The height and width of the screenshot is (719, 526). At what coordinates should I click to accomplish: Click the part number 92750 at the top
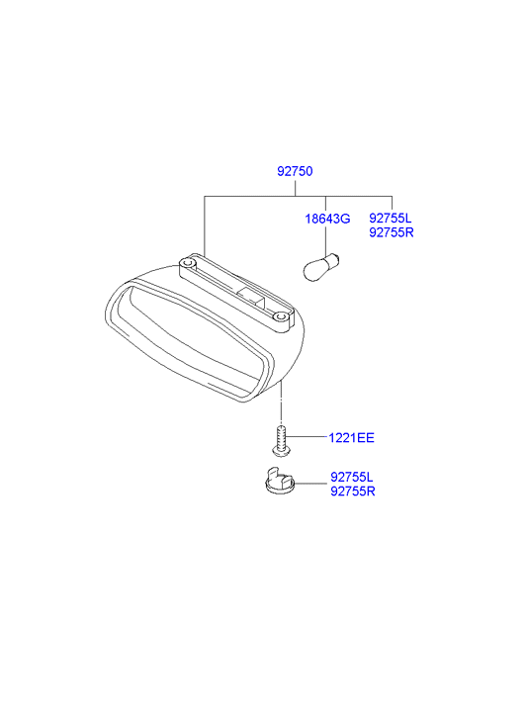(x=295, y=171)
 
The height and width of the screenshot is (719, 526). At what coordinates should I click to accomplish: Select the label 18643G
(x=327, y=219)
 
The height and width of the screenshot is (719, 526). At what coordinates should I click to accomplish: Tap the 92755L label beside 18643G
(x=391, y=218)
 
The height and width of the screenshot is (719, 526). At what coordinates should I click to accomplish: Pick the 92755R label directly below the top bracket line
(x=392, y=232)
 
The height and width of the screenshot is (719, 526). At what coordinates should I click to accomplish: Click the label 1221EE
(x=351, y=438)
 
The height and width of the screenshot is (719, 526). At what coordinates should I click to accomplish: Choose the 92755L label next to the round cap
(x=352, y=477)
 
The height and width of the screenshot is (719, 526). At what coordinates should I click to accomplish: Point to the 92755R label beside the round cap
(x=353, y=492)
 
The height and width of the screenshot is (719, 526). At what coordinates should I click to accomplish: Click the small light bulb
(x=322, y=266)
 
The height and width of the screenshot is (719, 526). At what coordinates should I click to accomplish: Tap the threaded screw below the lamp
(x=282, y=440)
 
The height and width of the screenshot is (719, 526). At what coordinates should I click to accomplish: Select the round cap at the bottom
(x=280, y=481)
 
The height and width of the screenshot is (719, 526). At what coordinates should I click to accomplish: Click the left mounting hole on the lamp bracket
(x=187, y=264)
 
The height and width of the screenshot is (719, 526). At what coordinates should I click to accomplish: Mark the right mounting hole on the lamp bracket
(x=281, y=316)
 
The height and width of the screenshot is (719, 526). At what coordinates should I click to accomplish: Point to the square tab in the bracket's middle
(x=251, y=297)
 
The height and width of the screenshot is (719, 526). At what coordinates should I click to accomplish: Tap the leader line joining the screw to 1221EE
(x=307, y=437)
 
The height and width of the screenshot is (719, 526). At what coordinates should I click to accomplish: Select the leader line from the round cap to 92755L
(x=311, y=484)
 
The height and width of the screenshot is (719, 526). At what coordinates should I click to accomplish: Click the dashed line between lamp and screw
(x=281, y=404)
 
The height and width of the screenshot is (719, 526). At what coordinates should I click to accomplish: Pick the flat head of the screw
(x=282, y=452)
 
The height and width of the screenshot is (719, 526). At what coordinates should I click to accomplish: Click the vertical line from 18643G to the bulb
(x=325, y=239)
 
